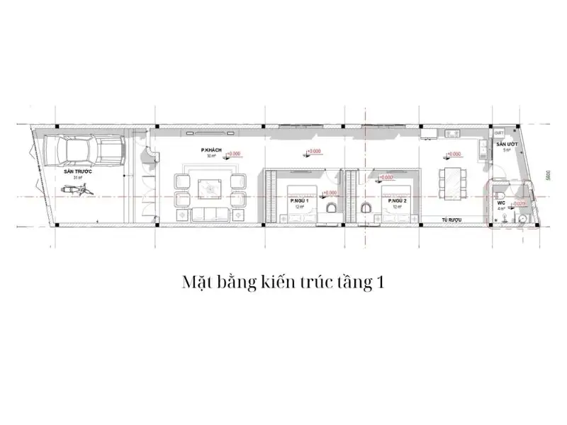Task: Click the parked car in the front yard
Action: coord(84,150)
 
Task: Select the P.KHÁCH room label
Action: coord(210,150)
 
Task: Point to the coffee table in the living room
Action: coord(210,187)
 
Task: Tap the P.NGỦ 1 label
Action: coord(298,201)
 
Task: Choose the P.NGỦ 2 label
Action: coord(396,201)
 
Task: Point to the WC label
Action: coord(500,203)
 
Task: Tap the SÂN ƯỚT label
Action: coord(506,144)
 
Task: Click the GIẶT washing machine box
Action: coord(498,132)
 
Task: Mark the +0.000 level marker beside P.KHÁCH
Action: coord(235,153)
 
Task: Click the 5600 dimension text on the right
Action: coord(549,177)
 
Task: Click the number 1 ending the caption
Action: coord(381,283)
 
